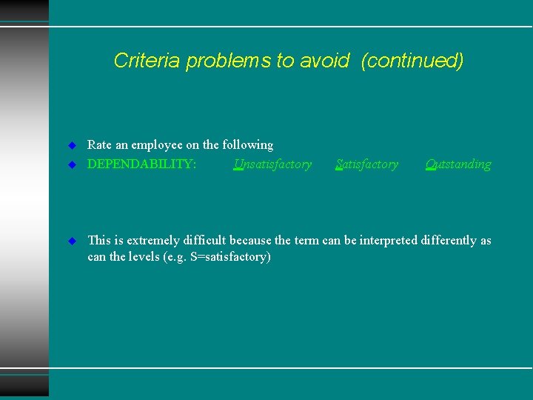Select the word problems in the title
click(229, 61)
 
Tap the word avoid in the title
click(324, 61)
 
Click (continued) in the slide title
click(412, 61)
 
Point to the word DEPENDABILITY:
click(142, 164)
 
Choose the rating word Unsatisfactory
click(272, 164)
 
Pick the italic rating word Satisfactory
click(366, 164)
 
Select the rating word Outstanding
click(458, 164)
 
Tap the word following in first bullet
click(247, 145)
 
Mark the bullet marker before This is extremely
click(72, 241)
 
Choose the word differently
click(447, 241)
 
